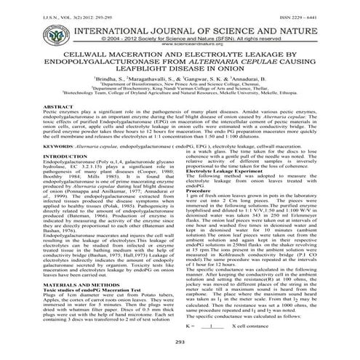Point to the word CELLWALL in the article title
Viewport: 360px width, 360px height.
[91, 55]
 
